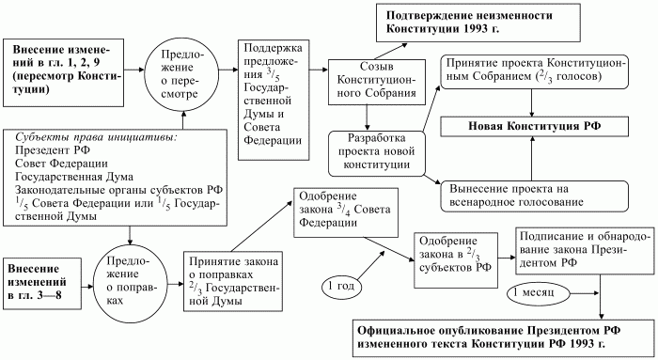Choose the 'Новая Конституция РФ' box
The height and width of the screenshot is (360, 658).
pos(537,125)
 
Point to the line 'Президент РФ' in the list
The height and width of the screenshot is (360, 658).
pos(53,149)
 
